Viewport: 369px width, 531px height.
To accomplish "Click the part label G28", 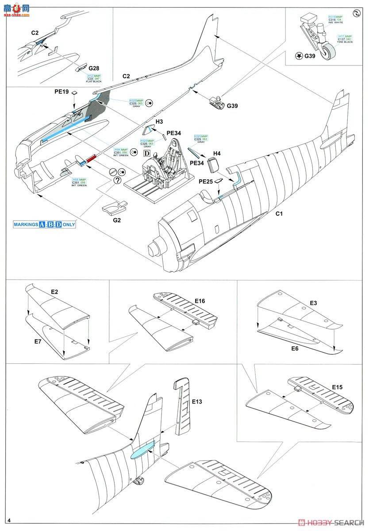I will click(94, 68).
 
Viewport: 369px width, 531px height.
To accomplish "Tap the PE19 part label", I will click(62, 92).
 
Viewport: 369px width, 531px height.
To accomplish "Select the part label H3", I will click(159, 121).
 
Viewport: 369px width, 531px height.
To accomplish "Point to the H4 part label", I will click(217, 153).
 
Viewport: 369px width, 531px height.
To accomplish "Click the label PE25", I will click(206, 181).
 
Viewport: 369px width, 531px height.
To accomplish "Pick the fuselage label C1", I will click(279, 214).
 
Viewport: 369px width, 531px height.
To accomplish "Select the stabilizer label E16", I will click(200, 301).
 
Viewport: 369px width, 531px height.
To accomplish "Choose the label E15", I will click(338, 387).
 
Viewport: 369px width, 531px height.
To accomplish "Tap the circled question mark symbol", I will click(117, 180).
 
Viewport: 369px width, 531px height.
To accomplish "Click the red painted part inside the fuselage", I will click(92, 158).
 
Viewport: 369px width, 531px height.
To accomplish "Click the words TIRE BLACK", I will click(345, 42).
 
